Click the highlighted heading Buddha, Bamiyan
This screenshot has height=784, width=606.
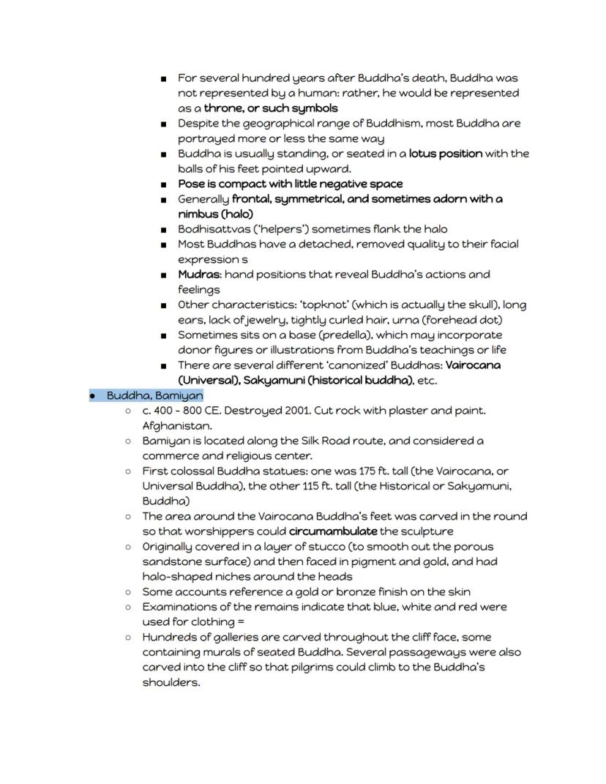pos(154,395)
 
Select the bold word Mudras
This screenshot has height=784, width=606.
pos(199,275)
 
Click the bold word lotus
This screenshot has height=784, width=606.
pos(424,153)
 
